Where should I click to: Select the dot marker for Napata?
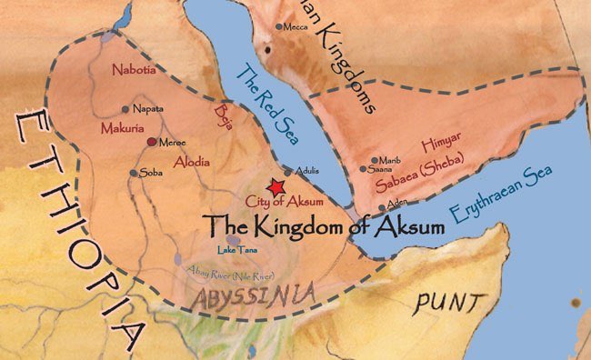(125, 109)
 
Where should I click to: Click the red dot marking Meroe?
(152, 142)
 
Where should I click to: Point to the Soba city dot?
(134, 173)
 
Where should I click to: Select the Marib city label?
(388, 159)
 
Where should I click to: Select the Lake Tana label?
(234, 250)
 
